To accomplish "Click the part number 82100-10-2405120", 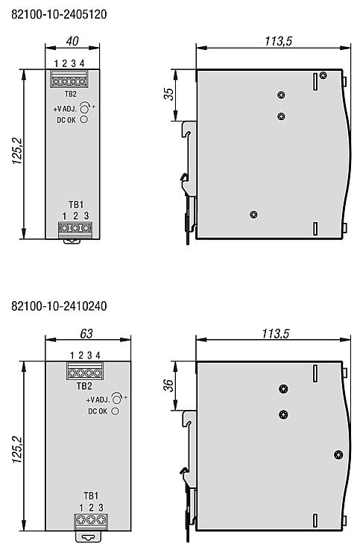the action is pos(59,14).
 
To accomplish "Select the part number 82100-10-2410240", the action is pos(59,306).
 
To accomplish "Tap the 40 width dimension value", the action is pos(72,41).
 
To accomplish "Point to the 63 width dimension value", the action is pos(86,333).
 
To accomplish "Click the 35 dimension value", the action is pos(168,93).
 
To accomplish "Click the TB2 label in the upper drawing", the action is pos(71,94).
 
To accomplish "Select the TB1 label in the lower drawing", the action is pos(91,496).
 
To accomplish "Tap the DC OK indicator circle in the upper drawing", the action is pos(83,119).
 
